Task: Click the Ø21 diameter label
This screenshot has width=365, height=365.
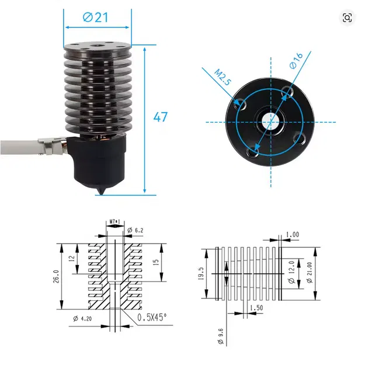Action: [x=96, y=18]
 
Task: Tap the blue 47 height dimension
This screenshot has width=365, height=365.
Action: [x=161, y=117]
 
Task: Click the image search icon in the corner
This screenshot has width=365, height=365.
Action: [x=347, y=18]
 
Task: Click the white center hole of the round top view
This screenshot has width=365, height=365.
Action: [x=271, y=121]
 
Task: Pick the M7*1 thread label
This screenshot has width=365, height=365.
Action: [x=116, y=221]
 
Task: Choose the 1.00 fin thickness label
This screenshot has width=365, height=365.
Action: [x=293, y=235]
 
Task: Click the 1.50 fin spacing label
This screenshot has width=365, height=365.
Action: [x=256, y=308]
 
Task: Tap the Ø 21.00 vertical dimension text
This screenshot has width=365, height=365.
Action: [x=309, y=273]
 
